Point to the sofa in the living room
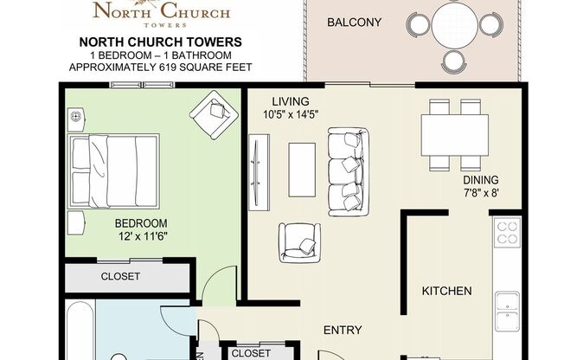click(x=348, y=172)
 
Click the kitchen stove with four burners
click(x=507, y=233)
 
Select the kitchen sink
click(x=507, y=306)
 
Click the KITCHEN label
click(x=446, y=291)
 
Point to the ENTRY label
click(x=342, y=330)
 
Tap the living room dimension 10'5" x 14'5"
click(x=290, y=112)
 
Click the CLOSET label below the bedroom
click(x=120, y=277)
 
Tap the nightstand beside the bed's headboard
click(x=76, y=115)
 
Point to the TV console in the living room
click(x=256, y=172)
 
